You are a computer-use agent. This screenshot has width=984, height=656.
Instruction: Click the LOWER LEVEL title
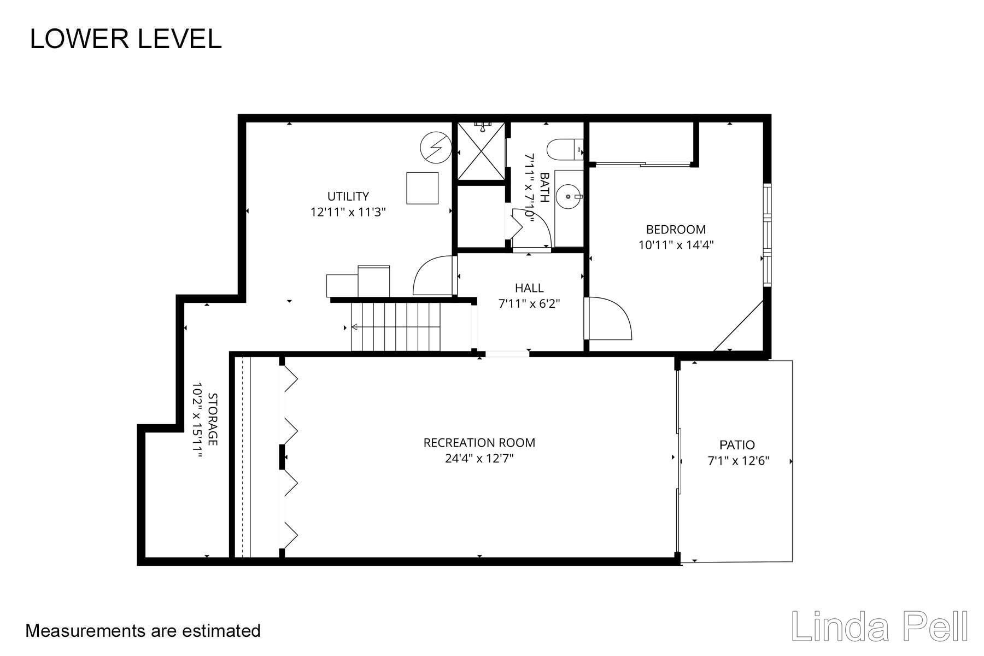126,39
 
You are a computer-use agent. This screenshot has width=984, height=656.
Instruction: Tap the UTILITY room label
348,196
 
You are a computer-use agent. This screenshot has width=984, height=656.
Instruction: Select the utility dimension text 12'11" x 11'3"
348,212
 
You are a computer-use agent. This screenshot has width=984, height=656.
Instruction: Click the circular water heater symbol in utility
436,148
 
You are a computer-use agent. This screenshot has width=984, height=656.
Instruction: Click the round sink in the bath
569,195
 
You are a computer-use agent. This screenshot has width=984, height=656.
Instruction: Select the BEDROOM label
676,230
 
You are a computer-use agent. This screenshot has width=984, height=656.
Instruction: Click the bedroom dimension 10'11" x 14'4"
676,245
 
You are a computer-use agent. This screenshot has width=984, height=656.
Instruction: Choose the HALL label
529,288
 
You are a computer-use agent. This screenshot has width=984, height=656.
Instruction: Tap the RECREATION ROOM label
479,443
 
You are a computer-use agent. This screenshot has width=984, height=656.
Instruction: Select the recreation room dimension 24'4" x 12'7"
479,458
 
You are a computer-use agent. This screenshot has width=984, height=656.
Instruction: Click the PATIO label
737,445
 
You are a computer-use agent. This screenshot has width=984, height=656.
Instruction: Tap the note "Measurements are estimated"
143,631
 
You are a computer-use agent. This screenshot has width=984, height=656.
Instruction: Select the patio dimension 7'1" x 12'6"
739,461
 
